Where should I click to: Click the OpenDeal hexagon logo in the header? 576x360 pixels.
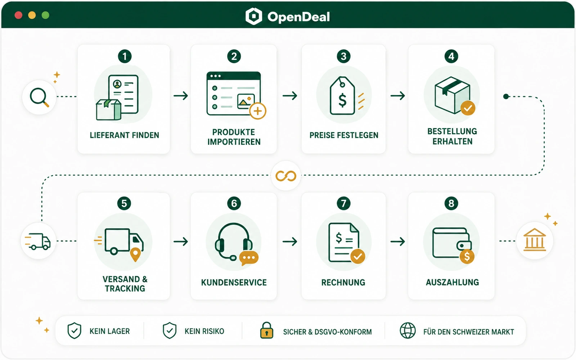(254, 16)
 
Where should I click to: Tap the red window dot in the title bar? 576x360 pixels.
(18, 15)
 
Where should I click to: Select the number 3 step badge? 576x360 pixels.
(343, 56)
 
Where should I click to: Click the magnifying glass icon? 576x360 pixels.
(39, 97)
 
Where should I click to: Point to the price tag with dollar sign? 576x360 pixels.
(342, 95)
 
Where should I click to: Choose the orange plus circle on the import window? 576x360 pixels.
(258, 111)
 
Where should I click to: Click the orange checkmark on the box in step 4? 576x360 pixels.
(468, 108)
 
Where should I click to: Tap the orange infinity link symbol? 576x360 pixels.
(286, 176)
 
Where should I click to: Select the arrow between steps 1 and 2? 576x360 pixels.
(181, 96)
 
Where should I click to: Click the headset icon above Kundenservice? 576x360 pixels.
(234, 242)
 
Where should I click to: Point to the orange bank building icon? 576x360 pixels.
(535, 240)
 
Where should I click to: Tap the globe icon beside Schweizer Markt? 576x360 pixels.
(408, 330)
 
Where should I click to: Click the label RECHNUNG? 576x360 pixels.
(343, 282)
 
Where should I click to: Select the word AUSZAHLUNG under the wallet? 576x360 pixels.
(452, 282)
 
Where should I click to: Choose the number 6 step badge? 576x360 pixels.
(234, 203)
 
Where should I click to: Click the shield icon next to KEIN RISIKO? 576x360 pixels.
(170, 330)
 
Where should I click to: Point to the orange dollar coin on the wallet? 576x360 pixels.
(467, 256)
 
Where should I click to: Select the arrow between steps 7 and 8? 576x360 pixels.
(398, 242)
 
